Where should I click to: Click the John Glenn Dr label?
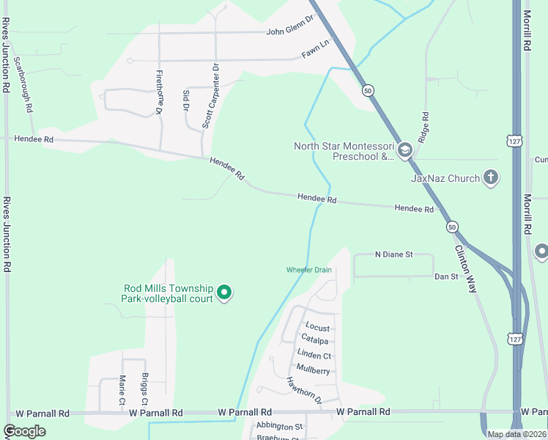click(x=289, y=31)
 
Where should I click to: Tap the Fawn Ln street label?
click(x=316, y=54)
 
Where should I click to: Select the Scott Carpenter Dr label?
click(x=211, y=96)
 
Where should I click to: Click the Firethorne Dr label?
click(x=159, y=93)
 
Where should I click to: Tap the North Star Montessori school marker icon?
click(x=405, y=151)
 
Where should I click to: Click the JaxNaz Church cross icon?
click(x=491, y=177)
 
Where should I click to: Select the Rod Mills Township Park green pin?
click(x=225, y=293)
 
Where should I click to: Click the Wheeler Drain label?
click(x=308, y=270)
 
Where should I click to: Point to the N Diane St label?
click(x=394, y=254)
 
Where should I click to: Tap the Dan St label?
click(x=445, y=276)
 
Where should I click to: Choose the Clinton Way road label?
click(x=465, y=268)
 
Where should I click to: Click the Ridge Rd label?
click(x=423, y=127)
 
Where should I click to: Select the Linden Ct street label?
click(x=314, y=355)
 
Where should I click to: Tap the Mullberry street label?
click(x=313, y=371)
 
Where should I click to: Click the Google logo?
click(x=24, y=431)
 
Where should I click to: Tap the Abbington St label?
click(x=278, y=426)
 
